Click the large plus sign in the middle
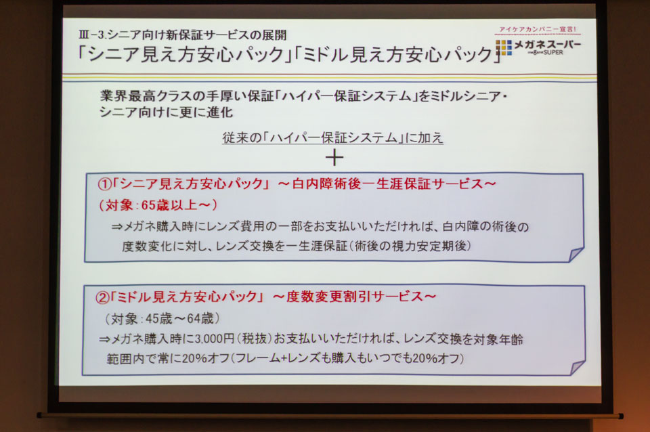(334, 158)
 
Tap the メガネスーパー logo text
(547, 45)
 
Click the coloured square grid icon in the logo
(504, 47)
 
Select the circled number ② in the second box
(102, 297)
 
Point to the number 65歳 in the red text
(156, 205)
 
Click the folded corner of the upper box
(576, 255)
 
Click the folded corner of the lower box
(577, 368)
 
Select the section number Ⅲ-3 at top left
(91, 35)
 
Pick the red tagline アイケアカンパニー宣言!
(537, 29)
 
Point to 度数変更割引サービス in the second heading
(354, 297)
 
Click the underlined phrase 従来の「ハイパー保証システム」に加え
(332, 137)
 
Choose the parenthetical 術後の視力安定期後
(412, 246)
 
